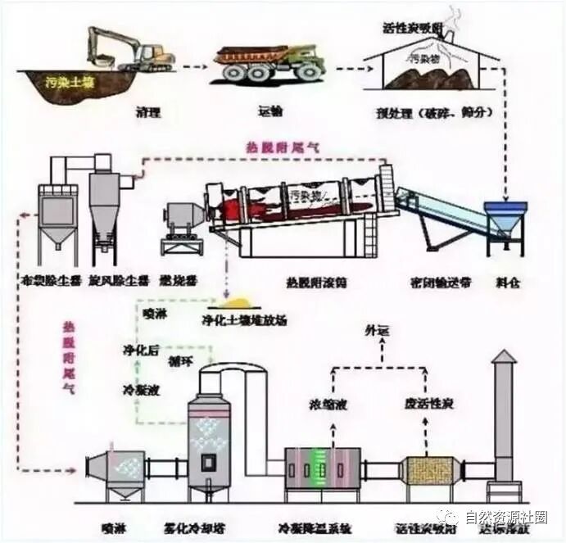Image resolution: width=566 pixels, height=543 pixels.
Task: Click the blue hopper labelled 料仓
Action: tap(502, 220)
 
